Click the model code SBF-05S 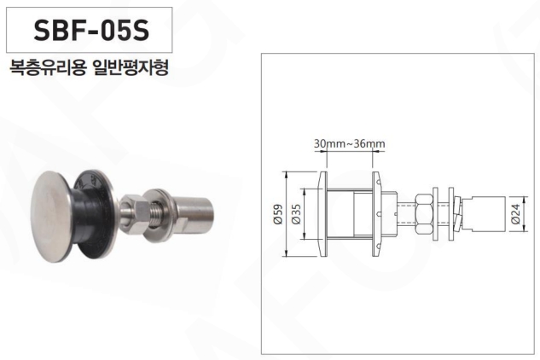point(91,30)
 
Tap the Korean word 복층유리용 point(48,67)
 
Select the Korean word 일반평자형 point(131,67)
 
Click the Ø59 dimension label point(278,214)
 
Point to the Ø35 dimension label point(297,214)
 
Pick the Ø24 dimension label point(515,214)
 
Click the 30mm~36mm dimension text point(349,143)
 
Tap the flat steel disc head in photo point(51,217)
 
